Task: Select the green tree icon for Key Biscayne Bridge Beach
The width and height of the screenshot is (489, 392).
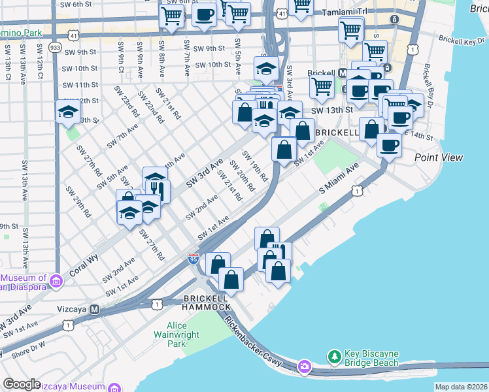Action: [335, 356]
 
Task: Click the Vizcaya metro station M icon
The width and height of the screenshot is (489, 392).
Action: [94, 309]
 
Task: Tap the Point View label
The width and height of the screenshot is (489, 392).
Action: [439, 157]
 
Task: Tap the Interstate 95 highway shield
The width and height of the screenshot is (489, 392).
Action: [194, 259]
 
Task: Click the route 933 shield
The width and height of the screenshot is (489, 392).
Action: [55, 48]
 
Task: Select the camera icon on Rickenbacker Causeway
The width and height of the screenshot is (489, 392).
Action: [304, 367]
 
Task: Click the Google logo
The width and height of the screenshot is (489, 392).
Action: [22, 384]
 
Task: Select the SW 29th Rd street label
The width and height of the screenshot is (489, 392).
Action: [81, 203]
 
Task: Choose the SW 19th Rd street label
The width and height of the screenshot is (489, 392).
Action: [256, 166]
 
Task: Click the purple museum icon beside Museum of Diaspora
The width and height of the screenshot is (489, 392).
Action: [56, 282]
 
